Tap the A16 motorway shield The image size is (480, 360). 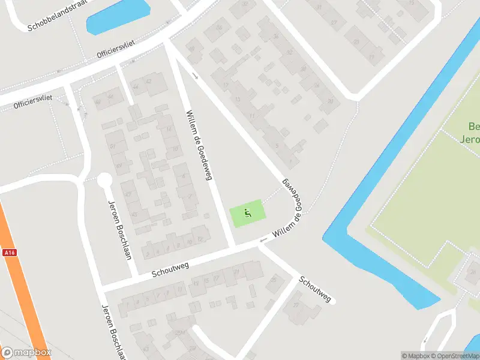point(9,253)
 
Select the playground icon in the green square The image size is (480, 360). point(247,212)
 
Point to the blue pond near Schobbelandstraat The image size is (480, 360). point(118,17)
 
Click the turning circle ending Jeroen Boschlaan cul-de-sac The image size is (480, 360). point(104,181)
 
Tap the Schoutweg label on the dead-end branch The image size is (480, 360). point(315,289)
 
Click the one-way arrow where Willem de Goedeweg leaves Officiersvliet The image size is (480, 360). point(195,76)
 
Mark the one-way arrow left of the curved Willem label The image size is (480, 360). point(262,241)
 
